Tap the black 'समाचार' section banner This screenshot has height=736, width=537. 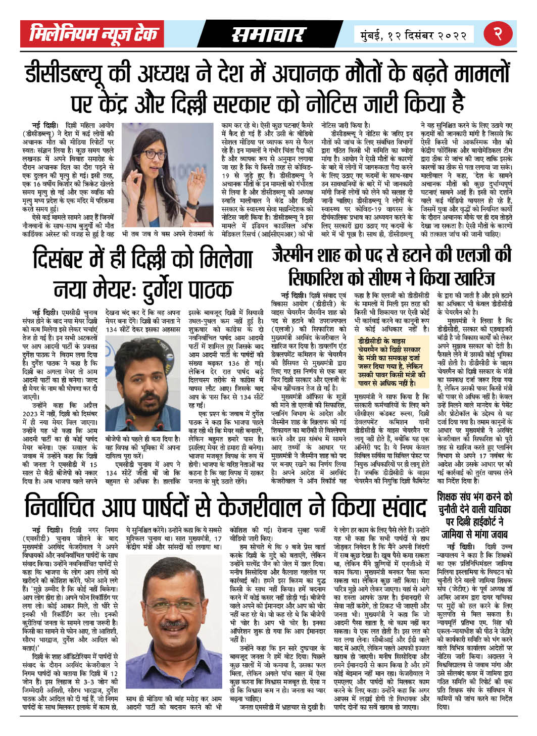coord(267,35)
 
